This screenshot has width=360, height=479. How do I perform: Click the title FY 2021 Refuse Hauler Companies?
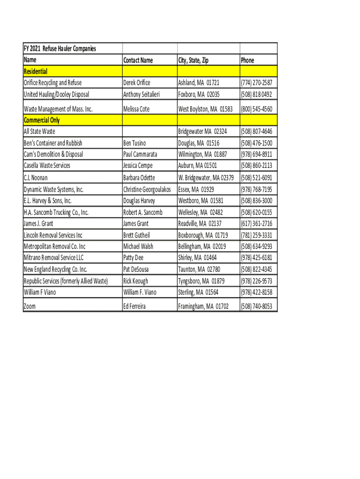pyautogui.click(x=60, y=49)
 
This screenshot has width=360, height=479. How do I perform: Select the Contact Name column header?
pyautogui.click(x=138, y=60)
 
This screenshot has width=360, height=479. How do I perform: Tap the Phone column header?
pyautogui.click(x=247, y=60)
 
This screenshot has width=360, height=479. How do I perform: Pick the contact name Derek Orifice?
pyautogui.click(x=137, y=83)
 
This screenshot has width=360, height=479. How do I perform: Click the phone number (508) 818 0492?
pyautogui.click(x=256, y=94)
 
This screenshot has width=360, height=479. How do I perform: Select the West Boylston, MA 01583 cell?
pyautogui.click(x=205, y=109)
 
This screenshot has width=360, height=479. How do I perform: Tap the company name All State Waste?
pyautogui.click(x=39, y=132)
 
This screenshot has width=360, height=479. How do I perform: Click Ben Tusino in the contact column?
pyautogui.click(x=135, y=143)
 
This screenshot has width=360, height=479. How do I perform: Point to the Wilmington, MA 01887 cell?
pyautogui.click(x=202, y=154)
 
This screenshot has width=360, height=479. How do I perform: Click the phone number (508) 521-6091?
pyautogui.click(x=256, y=178)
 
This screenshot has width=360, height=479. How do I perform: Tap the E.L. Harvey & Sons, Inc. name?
pyautogui.click(x=48, y=201)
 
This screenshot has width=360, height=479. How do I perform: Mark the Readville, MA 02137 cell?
pyautogui.click(x=200, y=224)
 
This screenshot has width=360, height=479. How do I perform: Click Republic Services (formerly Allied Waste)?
pyautogui.click(x=66, y=281)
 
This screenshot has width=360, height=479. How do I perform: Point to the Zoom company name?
pyautogui.click(x=29, y=307)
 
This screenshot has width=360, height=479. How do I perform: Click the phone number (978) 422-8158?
pyautogui.click(x=256, y=292)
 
